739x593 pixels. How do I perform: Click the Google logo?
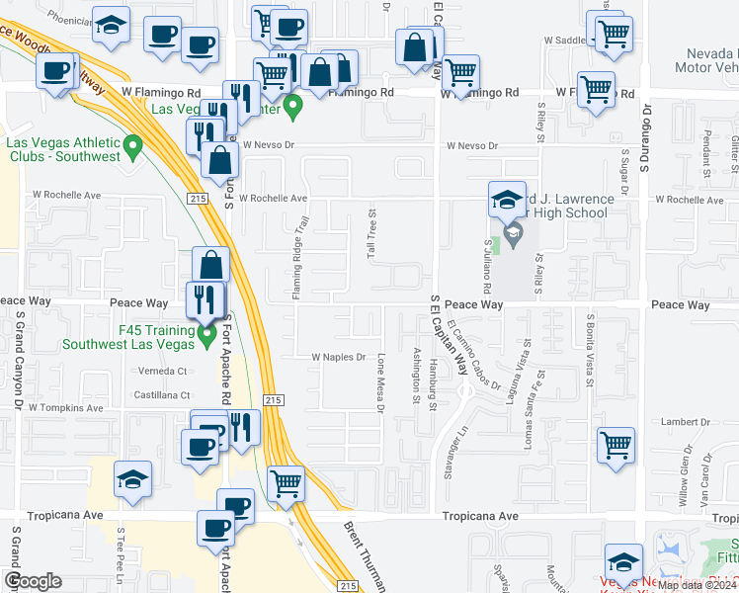pos(33,581)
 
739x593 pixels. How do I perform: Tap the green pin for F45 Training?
pos(206,336)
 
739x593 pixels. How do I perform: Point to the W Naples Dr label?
pos(339,357)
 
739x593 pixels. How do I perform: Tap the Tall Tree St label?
pos(372,234)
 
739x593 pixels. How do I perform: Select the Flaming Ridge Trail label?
pos(295,260)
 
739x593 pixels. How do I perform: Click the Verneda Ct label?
pos(163,373)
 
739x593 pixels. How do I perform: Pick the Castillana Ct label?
pos(160,395)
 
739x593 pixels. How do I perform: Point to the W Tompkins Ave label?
pos(65,407)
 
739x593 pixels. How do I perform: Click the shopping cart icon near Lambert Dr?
pos(616,445)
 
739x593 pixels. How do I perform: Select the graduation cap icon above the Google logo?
pos(132,479)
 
